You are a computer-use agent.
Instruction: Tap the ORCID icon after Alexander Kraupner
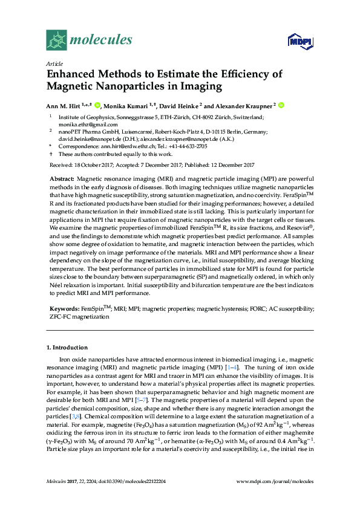click(281, 105)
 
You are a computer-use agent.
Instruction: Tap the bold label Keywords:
click(64, 308)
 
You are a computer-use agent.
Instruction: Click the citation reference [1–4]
click(232, 367)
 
